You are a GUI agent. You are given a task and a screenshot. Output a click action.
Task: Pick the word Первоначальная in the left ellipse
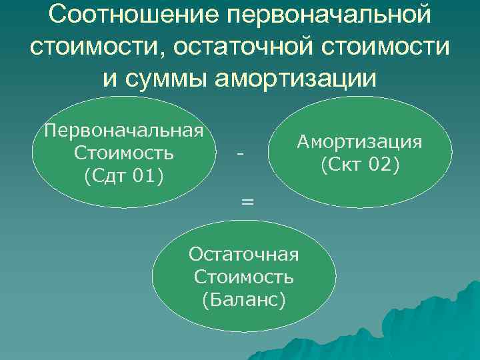[123, 129]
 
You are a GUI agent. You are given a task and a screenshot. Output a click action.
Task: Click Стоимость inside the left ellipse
[124, 153]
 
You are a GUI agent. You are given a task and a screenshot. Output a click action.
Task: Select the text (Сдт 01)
[124, 176]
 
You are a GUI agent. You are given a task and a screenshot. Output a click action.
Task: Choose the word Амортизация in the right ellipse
[359, 142]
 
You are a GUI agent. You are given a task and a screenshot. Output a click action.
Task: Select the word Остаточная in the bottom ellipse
[244, 253]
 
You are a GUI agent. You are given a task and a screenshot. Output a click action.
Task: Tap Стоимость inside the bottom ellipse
[244, 276]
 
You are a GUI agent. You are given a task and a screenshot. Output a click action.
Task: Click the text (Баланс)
[244, 299]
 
